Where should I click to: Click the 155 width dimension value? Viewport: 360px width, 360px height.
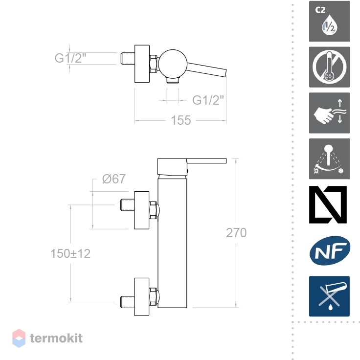pyautogui.click(x=181, y=120)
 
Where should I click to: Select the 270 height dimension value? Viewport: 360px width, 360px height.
pyautogui.click(x=236, y=233)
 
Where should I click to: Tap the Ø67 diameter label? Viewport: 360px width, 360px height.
pyautogui.click(x=114, y=179)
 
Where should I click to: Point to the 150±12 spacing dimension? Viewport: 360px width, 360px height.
pyautogui.click(x=70, y=254)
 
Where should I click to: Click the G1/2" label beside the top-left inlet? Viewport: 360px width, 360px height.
pyautogui.click(x=70, y=58)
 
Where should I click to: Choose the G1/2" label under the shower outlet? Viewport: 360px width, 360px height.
pyautogui.click(x=208, y=100)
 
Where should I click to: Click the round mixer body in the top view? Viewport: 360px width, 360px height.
pyautogui.click(x=173, y=64)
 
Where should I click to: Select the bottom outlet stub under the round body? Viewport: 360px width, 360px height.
pyautogui.click(x=173, y=80)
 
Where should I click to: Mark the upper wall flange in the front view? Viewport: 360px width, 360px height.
pyautogui.click(x=142, y=210)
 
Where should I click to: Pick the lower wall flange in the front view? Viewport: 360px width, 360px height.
pyautogui.click(x=142, y=296)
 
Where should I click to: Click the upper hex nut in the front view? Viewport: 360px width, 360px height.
pyautogui.click(x=153, y=210)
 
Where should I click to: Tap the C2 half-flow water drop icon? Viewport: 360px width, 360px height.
pyautogui.click(x=329, y=22)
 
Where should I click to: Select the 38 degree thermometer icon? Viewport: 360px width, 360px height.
pyautogui.click(x=329, y=67)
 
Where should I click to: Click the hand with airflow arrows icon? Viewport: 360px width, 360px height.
pyautogui.click(x=329, y=113)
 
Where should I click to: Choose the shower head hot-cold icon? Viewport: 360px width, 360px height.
pyautogui.click(x=329, y=158)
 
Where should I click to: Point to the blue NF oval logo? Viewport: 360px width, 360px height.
pyautogui.click(x=330, y=251)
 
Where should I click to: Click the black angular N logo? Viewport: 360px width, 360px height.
pyautogui.click(x=328, y=204)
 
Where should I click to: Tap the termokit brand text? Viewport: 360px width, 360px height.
pyautogui.click(x=56, y=338)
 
